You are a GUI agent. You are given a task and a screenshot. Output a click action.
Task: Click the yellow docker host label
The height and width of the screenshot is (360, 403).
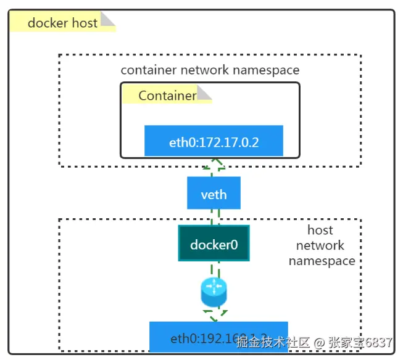pyautogui.click(x=63, y=23)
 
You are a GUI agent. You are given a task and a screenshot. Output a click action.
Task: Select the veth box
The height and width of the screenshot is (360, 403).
pyautogui.click(x=214, y=195)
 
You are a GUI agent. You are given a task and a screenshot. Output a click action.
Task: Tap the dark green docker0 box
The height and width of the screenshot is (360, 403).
pyautogui.click(x=214, y=244)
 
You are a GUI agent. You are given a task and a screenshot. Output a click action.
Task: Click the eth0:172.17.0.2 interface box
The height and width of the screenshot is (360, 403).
pyautogui.click(x=214, y=142)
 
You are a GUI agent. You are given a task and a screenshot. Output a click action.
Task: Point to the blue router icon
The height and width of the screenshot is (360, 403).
pyautogui.click(x=214, y=292)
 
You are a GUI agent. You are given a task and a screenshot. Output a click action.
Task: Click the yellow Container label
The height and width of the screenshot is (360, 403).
pyautogui.click(x=167, y=96)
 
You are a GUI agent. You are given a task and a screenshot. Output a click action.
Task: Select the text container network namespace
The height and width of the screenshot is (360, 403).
pyautogui.click(x=210, y=70)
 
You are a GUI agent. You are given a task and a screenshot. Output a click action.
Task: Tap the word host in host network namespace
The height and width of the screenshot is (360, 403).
pyautogui.click(x=320, y=231)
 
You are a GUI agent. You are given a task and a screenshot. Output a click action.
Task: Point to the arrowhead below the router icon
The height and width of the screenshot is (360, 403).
pyautogui.click(x=214, y=316)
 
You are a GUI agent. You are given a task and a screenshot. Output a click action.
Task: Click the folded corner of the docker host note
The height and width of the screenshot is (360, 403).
pyautogui.click(x=108, y=20)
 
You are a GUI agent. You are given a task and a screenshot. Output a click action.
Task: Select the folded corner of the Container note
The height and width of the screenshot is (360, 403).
pyautogui.click(x=204, y=93)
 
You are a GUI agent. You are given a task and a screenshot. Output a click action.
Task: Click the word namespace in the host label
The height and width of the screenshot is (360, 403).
pyautogui.click(x=322, y=260)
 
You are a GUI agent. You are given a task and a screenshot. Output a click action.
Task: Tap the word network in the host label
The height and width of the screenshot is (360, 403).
pyautogui.click(x=320, y=245)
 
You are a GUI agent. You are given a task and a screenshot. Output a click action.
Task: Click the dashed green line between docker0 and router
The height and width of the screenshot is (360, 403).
pyautogui.click(x=214, y=269)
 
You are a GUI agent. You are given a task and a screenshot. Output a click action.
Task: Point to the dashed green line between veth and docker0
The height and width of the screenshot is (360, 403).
pyautogui.click(x=214, y=217)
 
